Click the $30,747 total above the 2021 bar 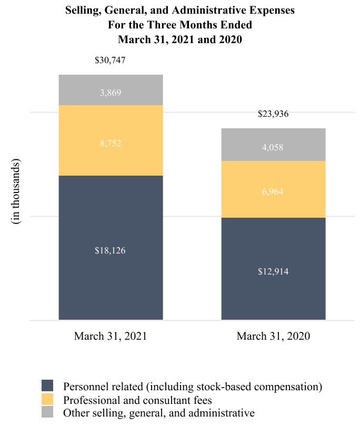(x=110, y=60)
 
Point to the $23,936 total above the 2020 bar (x=273, y=114)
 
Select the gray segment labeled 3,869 (x=111, y=90)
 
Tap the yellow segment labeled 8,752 (x=111, y=140)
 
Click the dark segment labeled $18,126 (x=111, y=247)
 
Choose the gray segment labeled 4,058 (x=273, y=145)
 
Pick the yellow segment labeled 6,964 (x=273, y=189)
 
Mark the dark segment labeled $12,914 (x=273, y=269)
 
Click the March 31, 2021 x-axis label (x=111, y=336)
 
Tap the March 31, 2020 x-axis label (x=273, y=336)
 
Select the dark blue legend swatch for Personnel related (x=47, y=386)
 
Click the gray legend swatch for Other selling (x=47, y=413)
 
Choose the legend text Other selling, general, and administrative (x=158, y=413)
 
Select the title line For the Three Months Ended (x=180, y=25)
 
